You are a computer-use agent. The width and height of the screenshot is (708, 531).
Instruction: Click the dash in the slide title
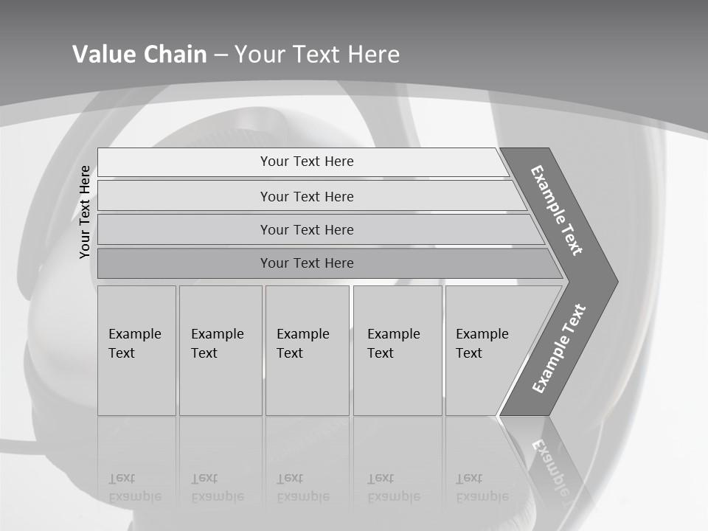click(x=221, y=55)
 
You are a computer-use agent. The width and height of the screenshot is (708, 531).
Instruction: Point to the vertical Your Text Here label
click(x=85, y=212)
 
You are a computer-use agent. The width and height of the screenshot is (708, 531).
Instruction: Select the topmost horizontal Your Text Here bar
click(x=307, y=162)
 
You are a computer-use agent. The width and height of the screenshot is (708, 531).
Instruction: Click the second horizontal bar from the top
click(x=307, y=196)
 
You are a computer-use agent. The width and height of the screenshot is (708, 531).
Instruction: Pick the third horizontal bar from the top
click(x=307, y=229)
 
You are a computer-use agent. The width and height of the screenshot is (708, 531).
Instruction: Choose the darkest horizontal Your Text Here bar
click(x=307, y=263)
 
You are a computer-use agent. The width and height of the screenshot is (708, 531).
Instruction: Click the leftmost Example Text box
click(x=136, y=350)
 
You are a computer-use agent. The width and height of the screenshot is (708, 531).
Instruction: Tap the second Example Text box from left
click(x=220, y=350)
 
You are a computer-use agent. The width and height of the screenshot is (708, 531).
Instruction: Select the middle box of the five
click(x=306, y=350)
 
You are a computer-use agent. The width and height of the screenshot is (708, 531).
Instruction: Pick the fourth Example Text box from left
click(x=397, y=350)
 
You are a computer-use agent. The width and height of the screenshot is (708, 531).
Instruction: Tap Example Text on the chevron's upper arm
click(x=557, y=210)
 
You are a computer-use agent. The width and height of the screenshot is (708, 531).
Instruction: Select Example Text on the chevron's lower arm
click(x=559, y=349)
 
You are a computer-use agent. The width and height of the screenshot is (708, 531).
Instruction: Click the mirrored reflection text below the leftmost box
click(x=135, y=488)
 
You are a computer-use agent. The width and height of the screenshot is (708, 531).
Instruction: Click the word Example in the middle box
click(x=302, y=334)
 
